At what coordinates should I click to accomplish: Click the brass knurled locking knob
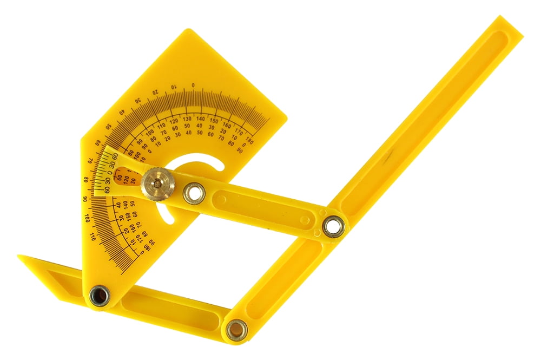coord(154,182)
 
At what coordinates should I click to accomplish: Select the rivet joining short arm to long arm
coord(334,226)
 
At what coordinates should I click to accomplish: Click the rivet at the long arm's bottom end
coord(236,329)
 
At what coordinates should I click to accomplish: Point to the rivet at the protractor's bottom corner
coord(100,295)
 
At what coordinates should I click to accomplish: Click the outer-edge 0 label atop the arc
coord(194,85)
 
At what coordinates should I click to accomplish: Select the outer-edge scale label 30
coord(138,100)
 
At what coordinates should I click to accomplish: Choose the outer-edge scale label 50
coord(109,126)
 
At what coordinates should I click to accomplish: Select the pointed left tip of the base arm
coord(19,257)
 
